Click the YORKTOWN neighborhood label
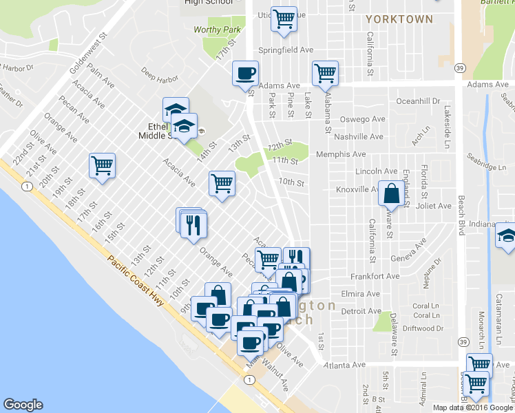tap(399, 19)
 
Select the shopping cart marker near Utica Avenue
tap(284, 19)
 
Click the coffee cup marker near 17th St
tap(245, 74)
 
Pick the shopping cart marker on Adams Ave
tap(325, 72)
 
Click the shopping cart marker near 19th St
tap(102, 165)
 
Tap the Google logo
tap(23, 405)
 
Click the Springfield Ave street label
tap(285, 50)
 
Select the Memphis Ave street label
tap(340, 155)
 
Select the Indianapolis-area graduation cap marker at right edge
tap(506, 238)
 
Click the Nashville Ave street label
tap(360, 137)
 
